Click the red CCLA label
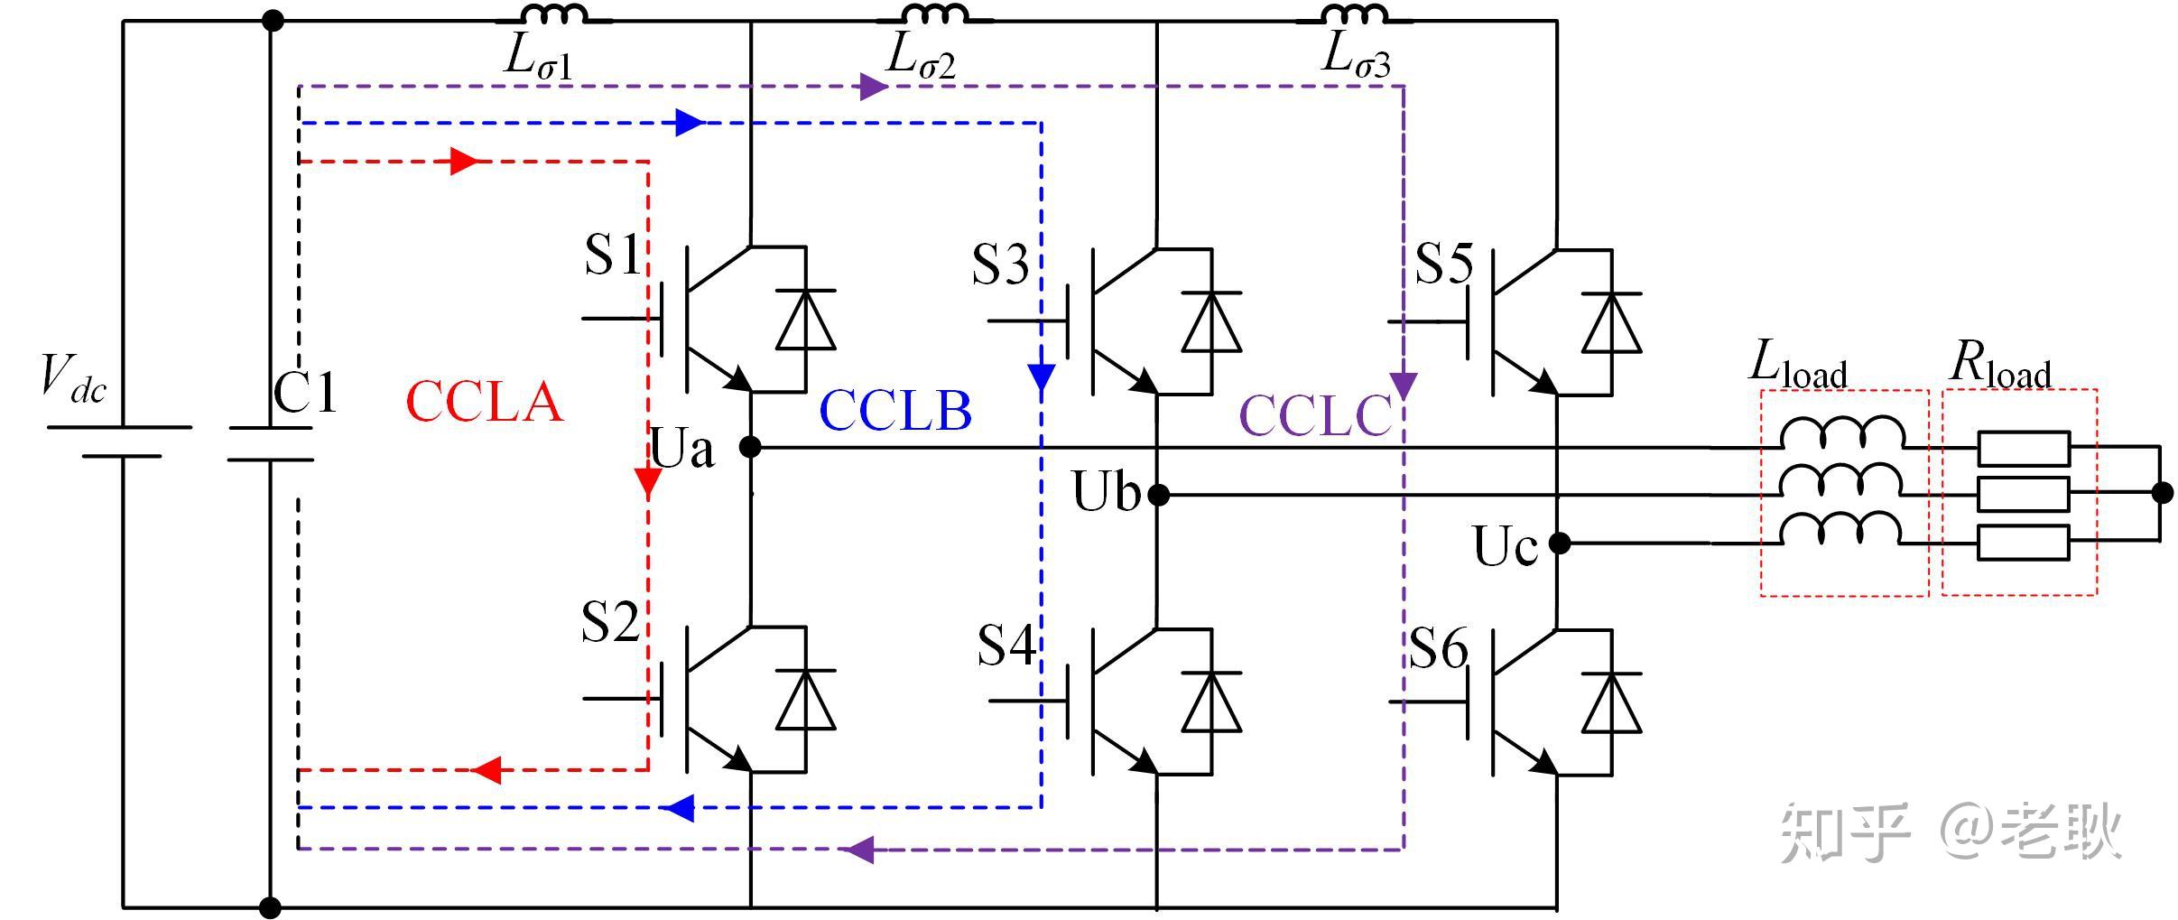tap(484, 402)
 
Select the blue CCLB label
tap(894, 411)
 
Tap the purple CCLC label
tap(1315, 416)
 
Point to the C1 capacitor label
tap(305, 393)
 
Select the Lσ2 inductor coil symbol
tap(935, 14)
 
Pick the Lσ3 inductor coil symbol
tap(1354, 14)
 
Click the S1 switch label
tap(613, 255)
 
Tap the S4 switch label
tap(1006, 646)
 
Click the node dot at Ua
tap(750, 446)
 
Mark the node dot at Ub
tap(1159, 495)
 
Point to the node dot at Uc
tap(1559, 543)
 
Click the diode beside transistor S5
tap(1611, 321)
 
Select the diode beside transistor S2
tap(806, 699)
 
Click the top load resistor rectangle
tap(2024, 448)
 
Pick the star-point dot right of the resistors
tap(2163, 492)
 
